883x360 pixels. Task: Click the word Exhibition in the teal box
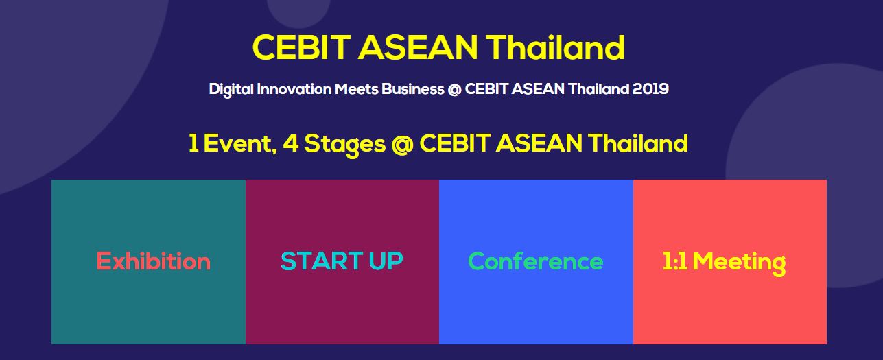coord(154,261)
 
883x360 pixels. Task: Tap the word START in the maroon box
coord(322,261)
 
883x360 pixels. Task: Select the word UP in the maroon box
coord(386,261)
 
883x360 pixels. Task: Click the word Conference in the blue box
coord(535,261)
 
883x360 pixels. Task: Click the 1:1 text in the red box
coord(675,261)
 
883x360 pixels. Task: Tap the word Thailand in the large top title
coord(555,47)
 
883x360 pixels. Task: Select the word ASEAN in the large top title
coord(417,47)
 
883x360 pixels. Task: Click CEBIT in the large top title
coord(301,47)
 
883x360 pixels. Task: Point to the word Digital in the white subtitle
coord(231,89)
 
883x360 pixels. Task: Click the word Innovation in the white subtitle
coord(294,88)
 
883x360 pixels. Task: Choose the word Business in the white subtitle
coord(413,88)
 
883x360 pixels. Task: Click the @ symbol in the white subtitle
coord(454,89)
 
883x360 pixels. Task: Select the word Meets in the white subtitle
coord(356,88)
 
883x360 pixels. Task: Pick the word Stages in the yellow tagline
coord(345,145)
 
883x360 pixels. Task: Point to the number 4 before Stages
coord(290,143)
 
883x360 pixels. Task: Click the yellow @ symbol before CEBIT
coord(403,144)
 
